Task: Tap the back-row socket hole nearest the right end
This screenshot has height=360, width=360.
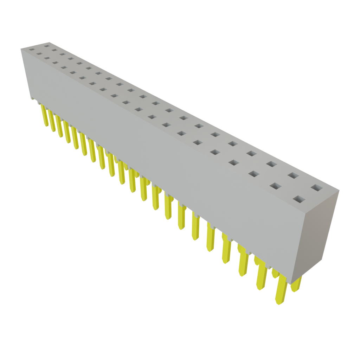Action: pos(316,188)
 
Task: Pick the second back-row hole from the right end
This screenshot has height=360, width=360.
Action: pos(293,175)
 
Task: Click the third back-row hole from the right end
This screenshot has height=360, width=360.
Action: pos(271,163)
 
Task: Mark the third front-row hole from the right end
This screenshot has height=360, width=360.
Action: pos(253,174)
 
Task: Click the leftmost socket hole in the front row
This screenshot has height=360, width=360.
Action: pos(32,50)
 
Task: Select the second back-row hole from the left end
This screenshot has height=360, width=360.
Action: pos(54,50)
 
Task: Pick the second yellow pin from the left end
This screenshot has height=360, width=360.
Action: pos(52,121)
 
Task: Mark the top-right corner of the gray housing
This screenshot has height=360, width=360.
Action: pos(339,191)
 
